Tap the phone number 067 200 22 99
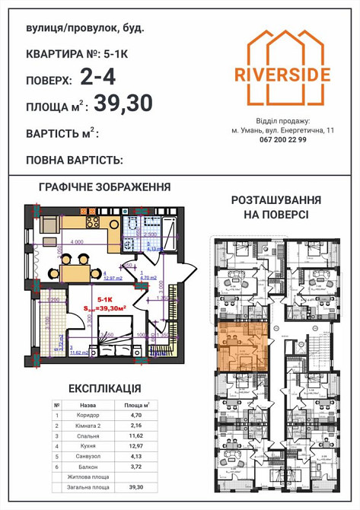282,140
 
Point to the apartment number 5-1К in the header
127,54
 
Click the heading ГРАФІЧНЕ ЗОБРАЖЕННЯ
105,187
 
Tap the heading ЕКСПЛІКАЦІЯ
104,388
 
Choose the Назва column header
88,406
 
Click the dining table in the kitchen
77,266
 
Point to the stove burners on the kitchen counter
94,222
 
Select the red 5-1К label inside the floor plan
105,301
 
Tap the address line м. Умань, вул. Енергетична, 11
282,130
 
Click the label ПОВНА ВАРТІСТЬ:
75,161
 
